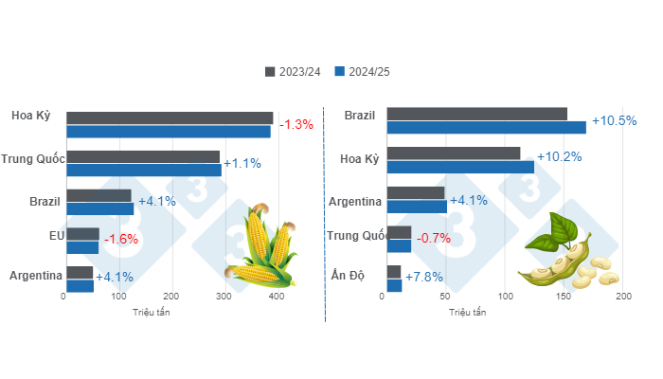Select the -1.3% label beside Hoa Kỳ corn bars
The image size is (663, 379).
coord(295,124)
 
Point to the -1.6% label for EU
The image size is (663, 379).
coord(120,239)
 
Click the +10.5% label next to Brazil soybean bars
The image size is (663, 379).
coord(614,120)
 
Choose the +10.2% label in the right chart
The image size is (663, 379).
coord(559,157)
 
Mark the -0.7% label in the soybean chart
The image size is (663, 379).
coord(435,238)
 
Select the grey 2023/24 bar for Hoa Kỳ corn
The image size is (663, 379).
coord(170,117)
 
